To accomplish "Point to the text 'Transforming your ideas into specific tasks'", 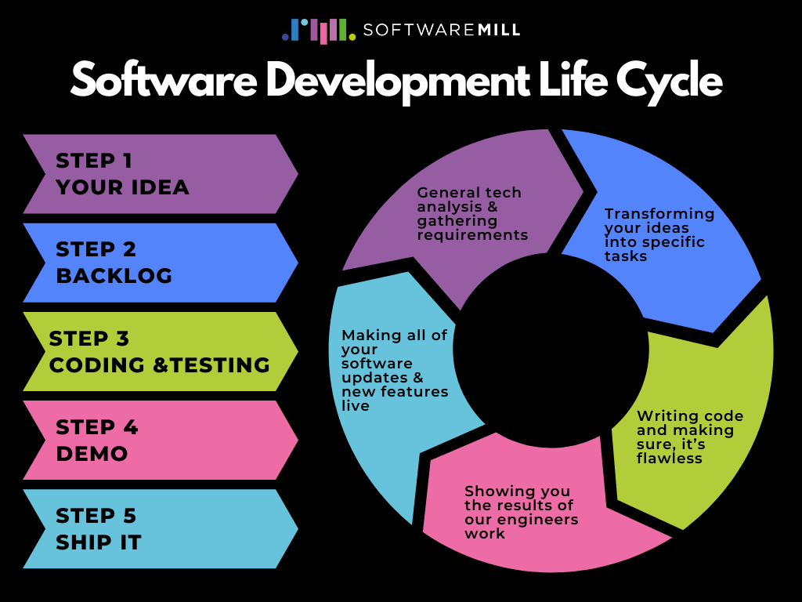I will coord(659,234).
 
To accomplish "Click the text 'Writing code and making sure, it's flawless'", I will coord(690,437).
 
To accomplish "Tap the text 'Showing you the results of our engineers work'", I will coord(521,512).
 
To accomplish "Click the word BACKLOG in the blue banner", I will coord(114,276).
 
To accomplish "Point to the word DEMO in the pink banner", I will coord(92,453).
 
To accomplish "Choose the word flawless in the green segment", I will coord(670,459).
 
